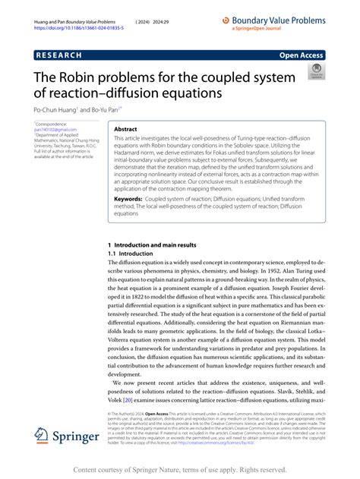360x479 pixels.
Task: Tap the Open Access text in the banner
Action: click(302, 55)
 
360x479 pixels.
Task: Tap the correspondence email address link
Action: click(50, 130)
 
